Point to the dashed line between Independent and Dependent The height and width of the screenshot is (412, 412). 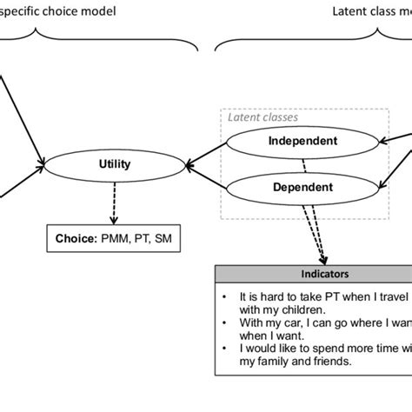tap(303, 163)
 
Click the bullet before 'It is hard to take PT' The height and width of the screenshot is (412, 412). tap(225, 296)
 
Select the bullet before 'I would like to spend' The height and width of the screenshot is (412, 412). tap(225, 349)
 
